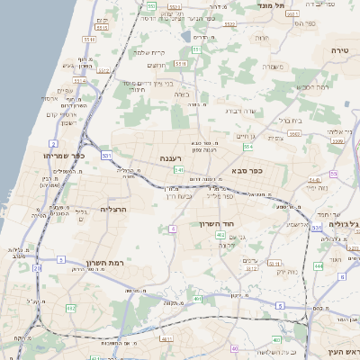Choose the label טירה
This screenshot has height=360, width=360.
pos(339,49)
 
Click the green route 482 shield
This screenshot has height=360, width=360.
pos(71,309)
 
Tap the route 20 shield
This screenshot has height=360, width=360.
pos(37,267)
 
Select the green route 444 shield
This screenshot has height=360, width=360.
pos(319,266)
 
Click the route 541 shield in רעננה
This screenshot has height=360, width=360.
pos(179,169)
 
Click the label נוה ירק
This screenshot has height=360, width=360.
pos(286,271)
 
